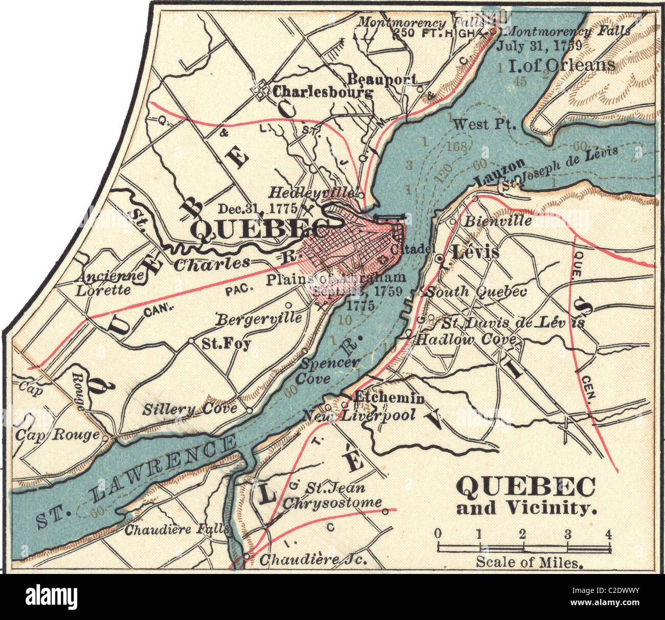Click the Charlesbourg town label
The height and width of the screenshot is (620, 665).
tap(322, 93)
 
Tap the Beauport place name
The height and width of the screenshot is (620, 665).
tap(382, 79)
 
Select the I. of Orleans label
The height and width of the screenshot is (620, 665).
tap(561, 65)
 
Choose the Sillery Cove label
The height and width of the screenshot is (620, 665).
tap(190, 408)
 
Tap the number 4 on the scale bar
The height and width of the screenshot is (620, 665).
tap(608, 535)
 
